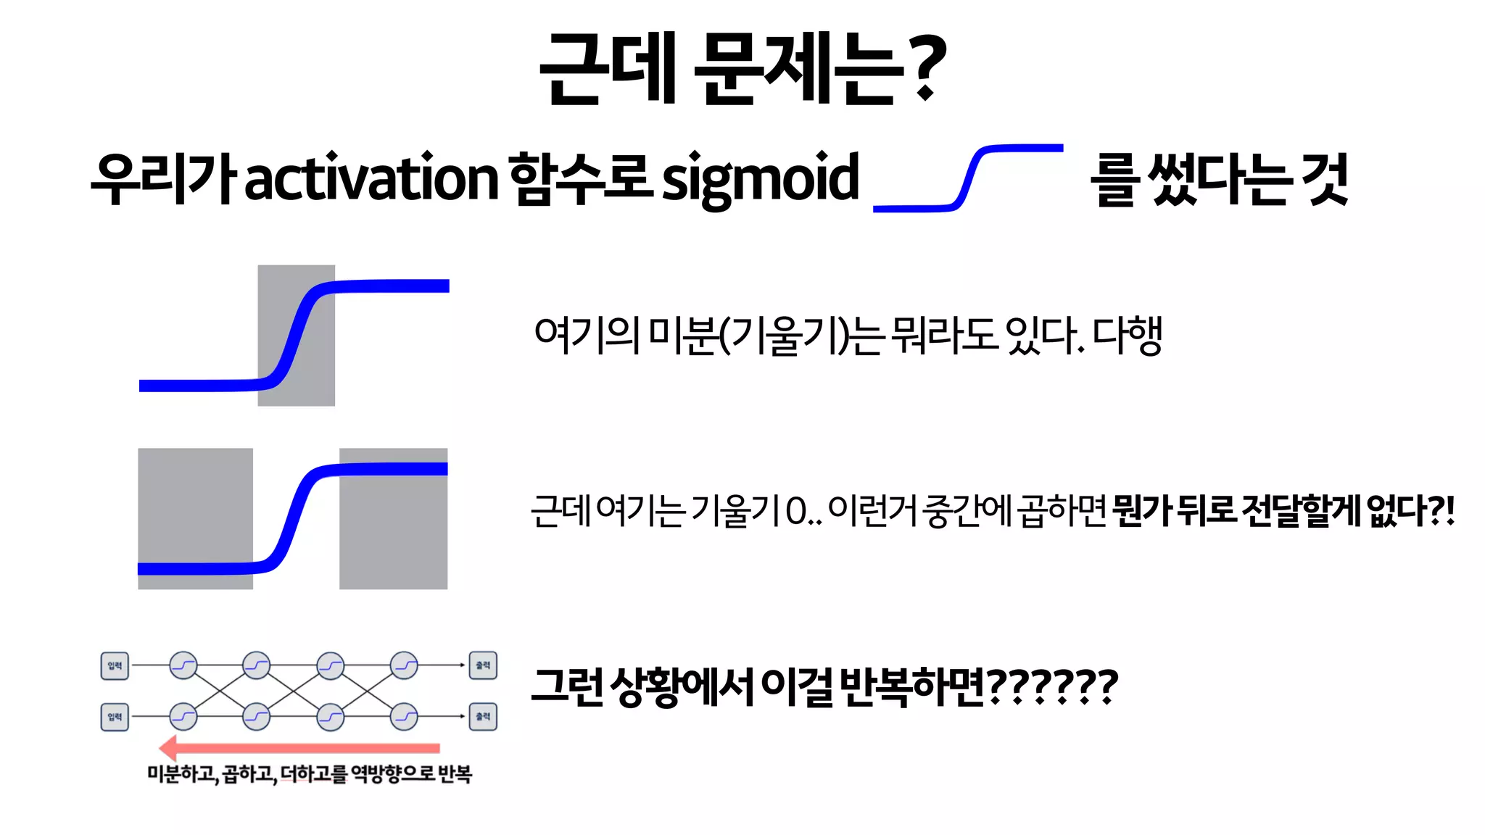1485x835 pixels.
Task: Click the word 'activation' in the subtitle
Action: (371, 178)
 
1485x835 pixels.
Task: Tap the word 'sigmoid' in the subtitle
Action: (760, 178)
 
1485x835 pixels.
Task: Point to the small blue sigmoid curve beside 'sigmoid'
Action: (969, 178)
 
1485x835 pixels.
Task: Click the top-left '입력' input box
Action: (115, 665)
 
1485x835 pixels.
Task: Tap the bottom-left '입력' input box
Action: (115, 717)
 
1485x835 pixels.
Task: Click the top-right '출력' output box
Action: (483, 665)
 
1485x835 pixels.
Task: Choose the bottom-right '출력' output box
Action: (483, 717)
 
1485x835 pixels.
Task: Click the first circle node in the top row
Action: (183, 665)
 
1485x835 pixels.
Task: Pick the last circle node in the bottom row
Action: (404, 717)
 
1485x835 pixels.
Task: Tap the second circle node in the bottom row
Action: (257, 717)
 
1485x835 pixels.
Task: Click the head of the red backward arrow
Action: (169, 747)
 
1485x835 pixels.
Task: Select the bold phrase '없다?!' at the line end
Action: (1410, 511)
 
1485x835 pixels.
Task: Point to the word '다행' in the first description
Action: (1127, 335)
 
